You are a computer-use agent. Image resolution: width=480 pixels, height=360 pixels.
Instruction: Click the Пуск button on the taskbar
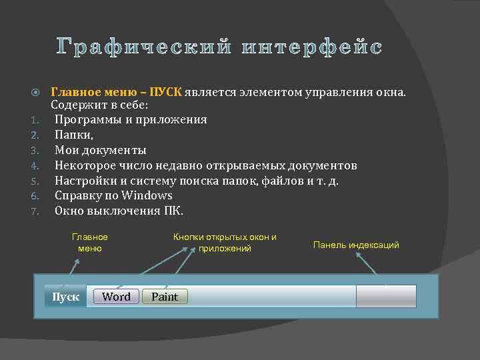(65, 297)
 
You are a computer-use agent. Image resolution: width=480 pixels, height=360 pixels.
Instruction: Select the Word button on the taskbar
(116, 297)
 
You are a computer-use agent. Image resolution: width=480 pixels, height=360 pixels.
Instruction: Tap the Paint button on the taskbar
(165, 297)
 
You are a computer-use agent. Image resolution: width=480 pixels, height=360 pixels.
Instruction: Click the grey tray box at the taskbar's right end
(386, 297)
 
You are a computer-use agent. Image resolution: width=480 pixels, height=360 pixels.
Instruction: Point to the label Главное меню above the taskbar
(89, 243)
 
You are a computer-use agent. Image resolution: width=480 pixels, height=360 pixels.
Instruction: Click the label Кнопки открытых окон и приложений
(225, 243)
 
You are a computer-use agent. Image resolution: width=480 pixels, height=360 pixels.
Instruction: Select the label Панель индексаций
(356, 245)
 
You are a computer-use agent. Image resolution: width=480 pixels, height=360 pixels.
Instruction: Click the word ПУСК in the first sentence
(165, 91)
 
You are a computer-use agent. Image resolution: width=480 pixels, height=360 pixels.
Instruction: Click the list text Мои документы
(100, 150)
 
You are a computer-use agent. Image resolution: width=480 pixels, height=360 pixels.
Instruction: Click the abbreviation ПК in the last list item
(171, 211)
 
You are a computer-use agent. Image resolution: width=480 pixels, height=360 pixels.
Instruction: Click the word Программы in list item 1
(87, 119)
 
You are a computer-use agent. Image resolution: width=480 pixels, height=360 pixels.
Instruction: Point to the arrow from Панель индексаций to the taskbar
(371, 264)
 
